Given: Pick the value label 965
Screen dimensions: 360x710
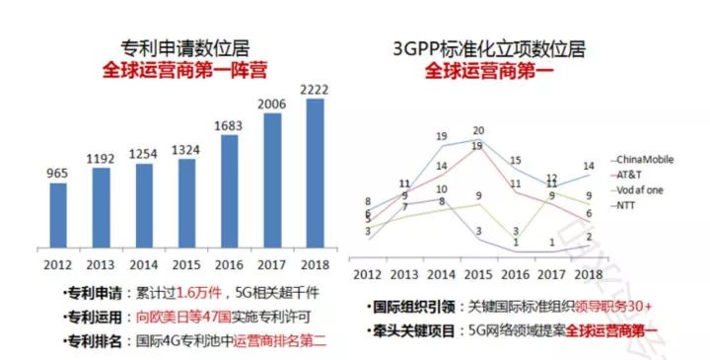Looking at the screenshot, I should coord(58,174).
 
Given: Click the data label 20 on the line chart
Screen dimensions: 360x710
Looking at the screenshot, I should coord(479,131).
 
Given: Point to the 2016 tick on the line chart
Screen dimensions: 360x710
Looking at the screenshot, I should coord(516,272).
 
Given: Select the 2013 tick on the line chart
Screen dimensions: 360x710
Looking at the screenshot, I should coord(404,272).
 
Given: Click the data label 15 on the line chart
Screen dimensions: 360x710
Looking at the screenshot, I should coord(515,159).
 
